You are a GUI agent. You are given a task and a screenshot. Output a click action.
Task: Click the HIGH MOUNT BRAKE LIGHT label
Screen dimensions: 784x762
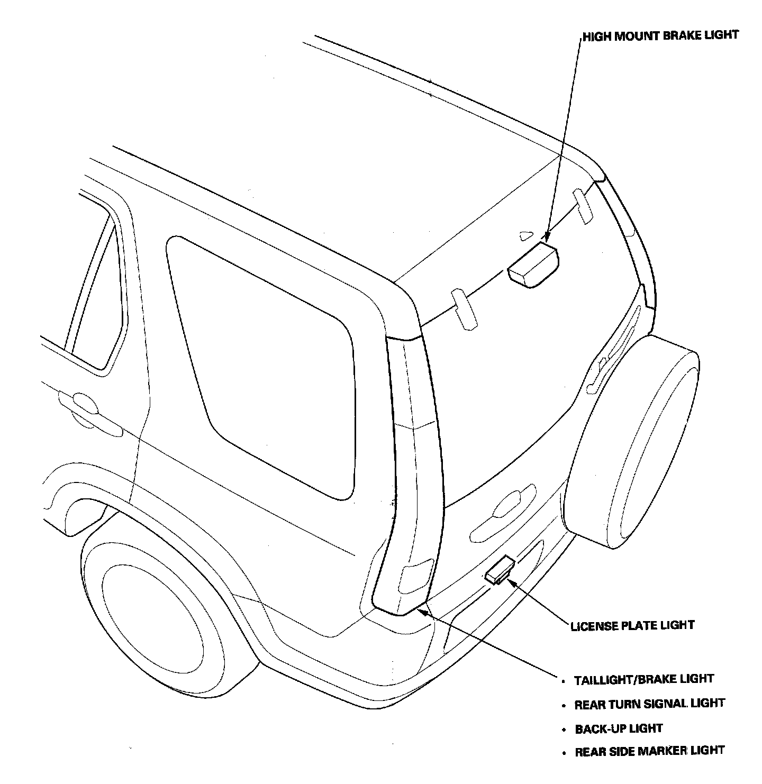pyautogui.click(x=660, y=35)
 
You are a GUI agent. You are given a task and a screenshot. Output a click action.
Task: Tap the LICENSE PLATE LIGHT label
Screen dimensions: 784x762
pyautogui.click(x=632, y=626)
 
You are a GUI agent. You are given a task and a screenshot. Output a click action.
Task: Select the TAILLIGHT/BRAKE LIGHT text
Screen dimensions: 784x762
pyautogui.click(x=644, y=679)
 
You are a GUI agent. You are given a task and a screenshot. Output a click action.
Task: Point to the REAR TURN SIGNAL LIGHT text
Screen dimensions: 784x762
pyautogui.click(x=649, y=704)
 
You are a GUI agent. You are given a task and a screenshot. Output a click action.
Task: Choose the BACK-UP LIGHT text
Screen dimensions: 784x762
pyautogui.click(x=619, y=728)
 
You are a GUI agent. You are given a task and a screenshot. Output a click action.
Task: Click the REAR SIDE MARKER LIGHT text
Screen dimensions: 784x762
pyautogui.click(x=649, y=751)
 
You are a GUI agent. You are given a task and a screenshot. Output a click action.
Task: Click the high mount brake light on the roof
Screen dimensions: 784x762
pyautogui.click(x=533, y=265)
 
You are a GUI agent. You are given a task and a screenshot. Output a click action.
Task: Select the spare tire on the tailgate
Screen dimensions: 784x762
pyautogui.click(x=632, y=450)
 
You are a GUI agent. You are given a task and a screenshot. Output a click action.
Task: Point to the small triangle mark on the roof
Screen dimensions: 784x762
pyautogui.click(x=525, y=235)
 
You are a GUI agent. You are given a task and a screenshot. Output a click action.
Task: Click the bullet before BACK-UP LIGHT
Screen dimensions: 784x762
pyautogui.click(x=564, y=730)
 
